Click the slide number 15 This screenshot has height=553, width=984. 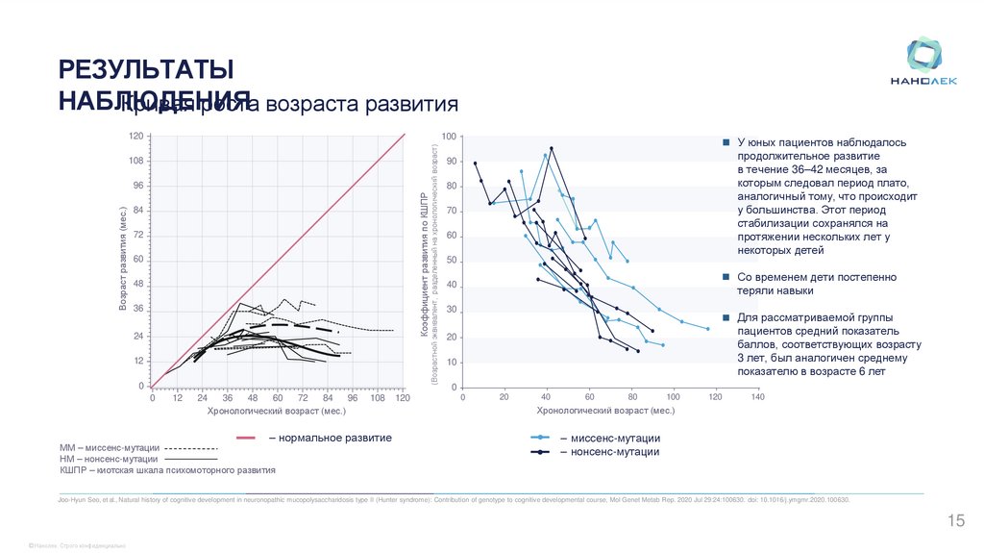click(x=956, y=521)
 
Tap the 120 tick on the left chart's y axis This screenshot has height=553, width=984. click(x=136, y=137)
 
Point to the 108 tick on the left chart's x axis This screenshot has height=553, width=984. click(x=377, y=397)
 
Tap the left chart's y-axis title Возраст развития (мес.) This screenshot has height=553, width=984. click(x=123, y=260)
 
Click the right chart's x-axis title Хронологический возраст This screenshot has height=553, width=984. click(x=604, y=411)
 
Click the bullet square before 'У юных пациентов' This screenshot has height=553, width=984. click(x=726, y=142)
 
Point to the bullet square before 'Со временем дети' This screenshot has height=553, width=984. click(x=726, y=277)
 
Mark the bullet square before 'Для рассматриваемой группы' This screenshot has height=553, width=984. click(x=726, y=317)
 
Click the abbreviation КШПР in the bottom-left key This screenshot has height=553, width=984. click(x=75, y=471)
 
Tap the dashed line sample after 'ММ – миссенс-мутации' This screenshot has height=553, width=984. click(x=192, y=448)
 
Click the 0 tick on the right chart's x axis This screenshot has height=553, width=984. click(x=463, y=397)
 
